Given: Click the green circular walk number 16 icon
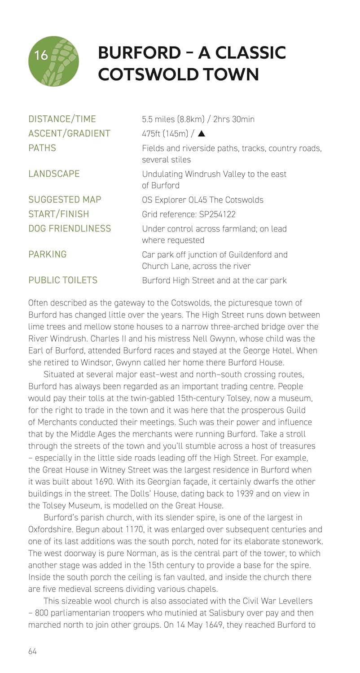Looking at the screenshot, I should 53,61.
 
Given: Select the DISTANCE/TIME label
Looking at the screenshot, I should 62,119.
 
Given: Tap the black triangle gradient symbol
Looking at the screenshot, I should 202,133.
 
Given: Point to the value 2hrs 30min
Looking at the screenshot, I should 233,119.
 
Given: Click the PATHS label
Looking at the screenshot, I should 42,148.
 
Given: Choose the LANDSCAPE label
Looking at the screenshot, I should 54,174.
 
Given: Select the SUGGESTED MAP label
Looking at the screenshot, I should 65,200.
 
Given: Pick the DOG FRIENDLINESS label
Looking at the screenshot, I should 70,228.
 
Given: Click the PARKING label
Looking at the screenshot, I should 47,254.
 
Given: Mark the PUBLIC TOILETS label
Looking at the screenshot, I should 63,280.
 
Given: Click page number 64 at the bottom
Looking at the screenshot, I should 32,651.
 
